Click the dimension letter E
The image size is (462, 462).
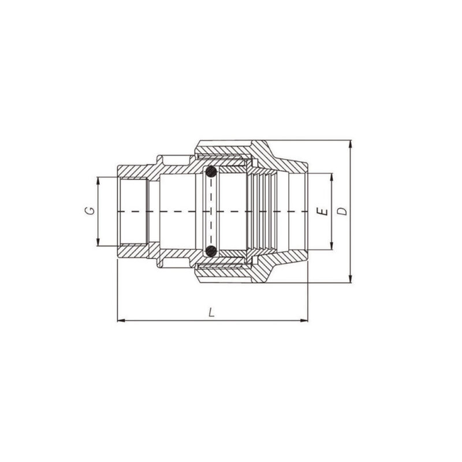pyautogui.click(x=324, y=211)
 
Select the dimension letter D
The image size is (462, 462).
pyautogui.click(x=342, y=211)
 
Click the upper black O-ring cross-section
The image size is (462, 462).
pyautogui.click(x=211, y=172)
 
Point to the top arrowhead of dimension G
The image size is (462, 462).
pyautogui.click(x=98, y=180)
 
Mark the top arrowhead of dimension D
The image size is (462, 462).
pyautogui.click(x=351, y=143)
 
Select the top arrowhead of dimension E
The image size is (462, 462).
pyautogui.click(x=331, y=176)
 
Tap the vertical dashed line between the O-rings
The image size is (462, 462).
pyautogui.click(x=211, y=196)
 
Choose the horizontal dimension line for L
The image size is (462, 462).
pyautogui.click(x=173, y=320)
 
